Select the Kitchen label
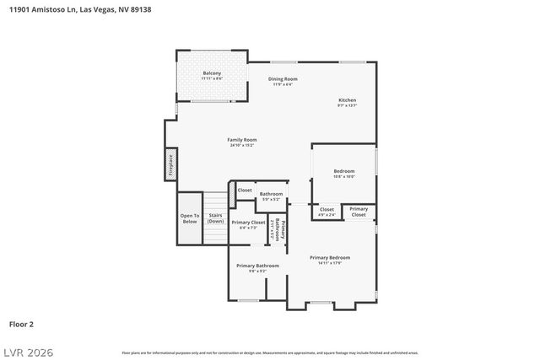pos(348,102)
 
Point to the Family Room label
pos(242,142)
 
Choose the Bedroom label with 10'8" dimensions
pos(343,174)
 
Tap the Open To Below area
pos(190,218)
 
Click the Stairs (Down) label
pos(215,218)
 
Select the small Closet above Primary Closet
pos(245,191)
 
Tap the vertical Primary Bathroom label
pos(283,230)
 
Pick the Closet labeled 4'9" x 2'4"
pos(327,212)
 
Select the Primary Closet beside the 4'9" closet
pos(359,212)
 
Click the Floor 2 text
pos(21,324)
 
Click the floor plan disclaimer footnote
pos(270,352)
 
